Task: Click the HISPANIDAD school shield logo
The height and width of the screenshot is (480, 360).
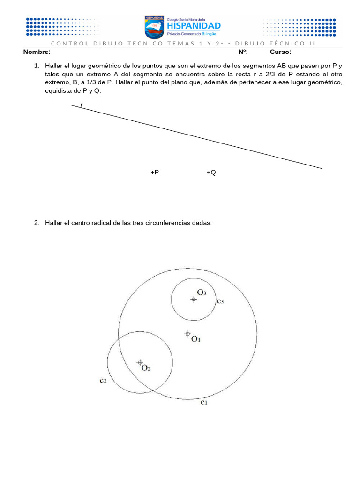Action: click(x=154, y=27)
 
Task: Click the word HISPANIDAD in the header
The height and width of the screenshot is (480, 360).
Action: click(x=194, y=26)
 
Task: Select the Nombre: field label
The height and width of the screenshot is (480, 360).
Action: click(x=37, y=52)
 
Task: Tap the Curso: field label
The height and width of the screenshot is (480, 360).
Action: click(x=280, y=52)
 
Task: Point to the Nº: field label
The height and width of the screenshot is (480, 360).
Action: click(x=243, y=52)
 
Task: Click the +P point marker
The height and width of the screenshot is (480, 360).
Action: click(x=155, y=172)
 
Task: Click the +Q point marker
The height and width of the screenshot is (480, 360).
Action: click(x=211, y=172)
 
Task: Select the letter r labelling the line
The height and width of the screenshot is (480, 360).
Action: click(x=82, y=105)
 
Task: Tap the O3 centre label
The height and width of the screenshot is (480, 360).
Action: click(x=202, y=292)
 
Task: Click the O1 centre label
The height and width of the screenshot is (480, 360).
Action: click(x=196, y=339)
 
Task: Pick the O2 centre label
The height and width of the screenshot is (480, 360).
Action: click(x=146, y=368)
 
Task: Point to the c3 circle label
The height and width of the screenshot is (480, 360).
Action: click(x=220, y=301)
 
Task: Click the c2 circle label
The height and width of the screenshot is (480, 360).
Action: click(x=103, y=381)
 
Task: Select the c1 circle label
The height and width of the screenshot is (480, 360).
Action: click(x=204, y=402)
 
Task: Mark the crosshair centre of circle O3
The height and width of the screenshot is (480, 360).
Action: click(x=194, y=299)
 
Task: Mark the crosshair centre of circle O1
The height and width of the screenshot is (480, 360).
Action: click(x=187, y=334)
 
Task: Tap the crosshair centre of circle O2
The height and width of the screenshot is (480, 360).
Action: click(x=140, y=362)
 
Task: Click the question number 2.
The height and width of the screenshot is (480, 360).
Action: click(x=37, y=223)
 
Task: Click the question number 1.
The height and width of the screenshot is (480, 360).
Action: click(x=37, y=66)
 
